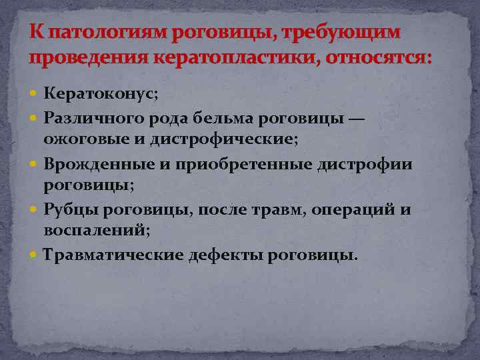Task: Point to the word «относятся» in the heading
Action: click(x=382, y=57)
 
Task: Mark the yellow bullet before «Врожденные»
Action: click(x=35, y=163)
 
